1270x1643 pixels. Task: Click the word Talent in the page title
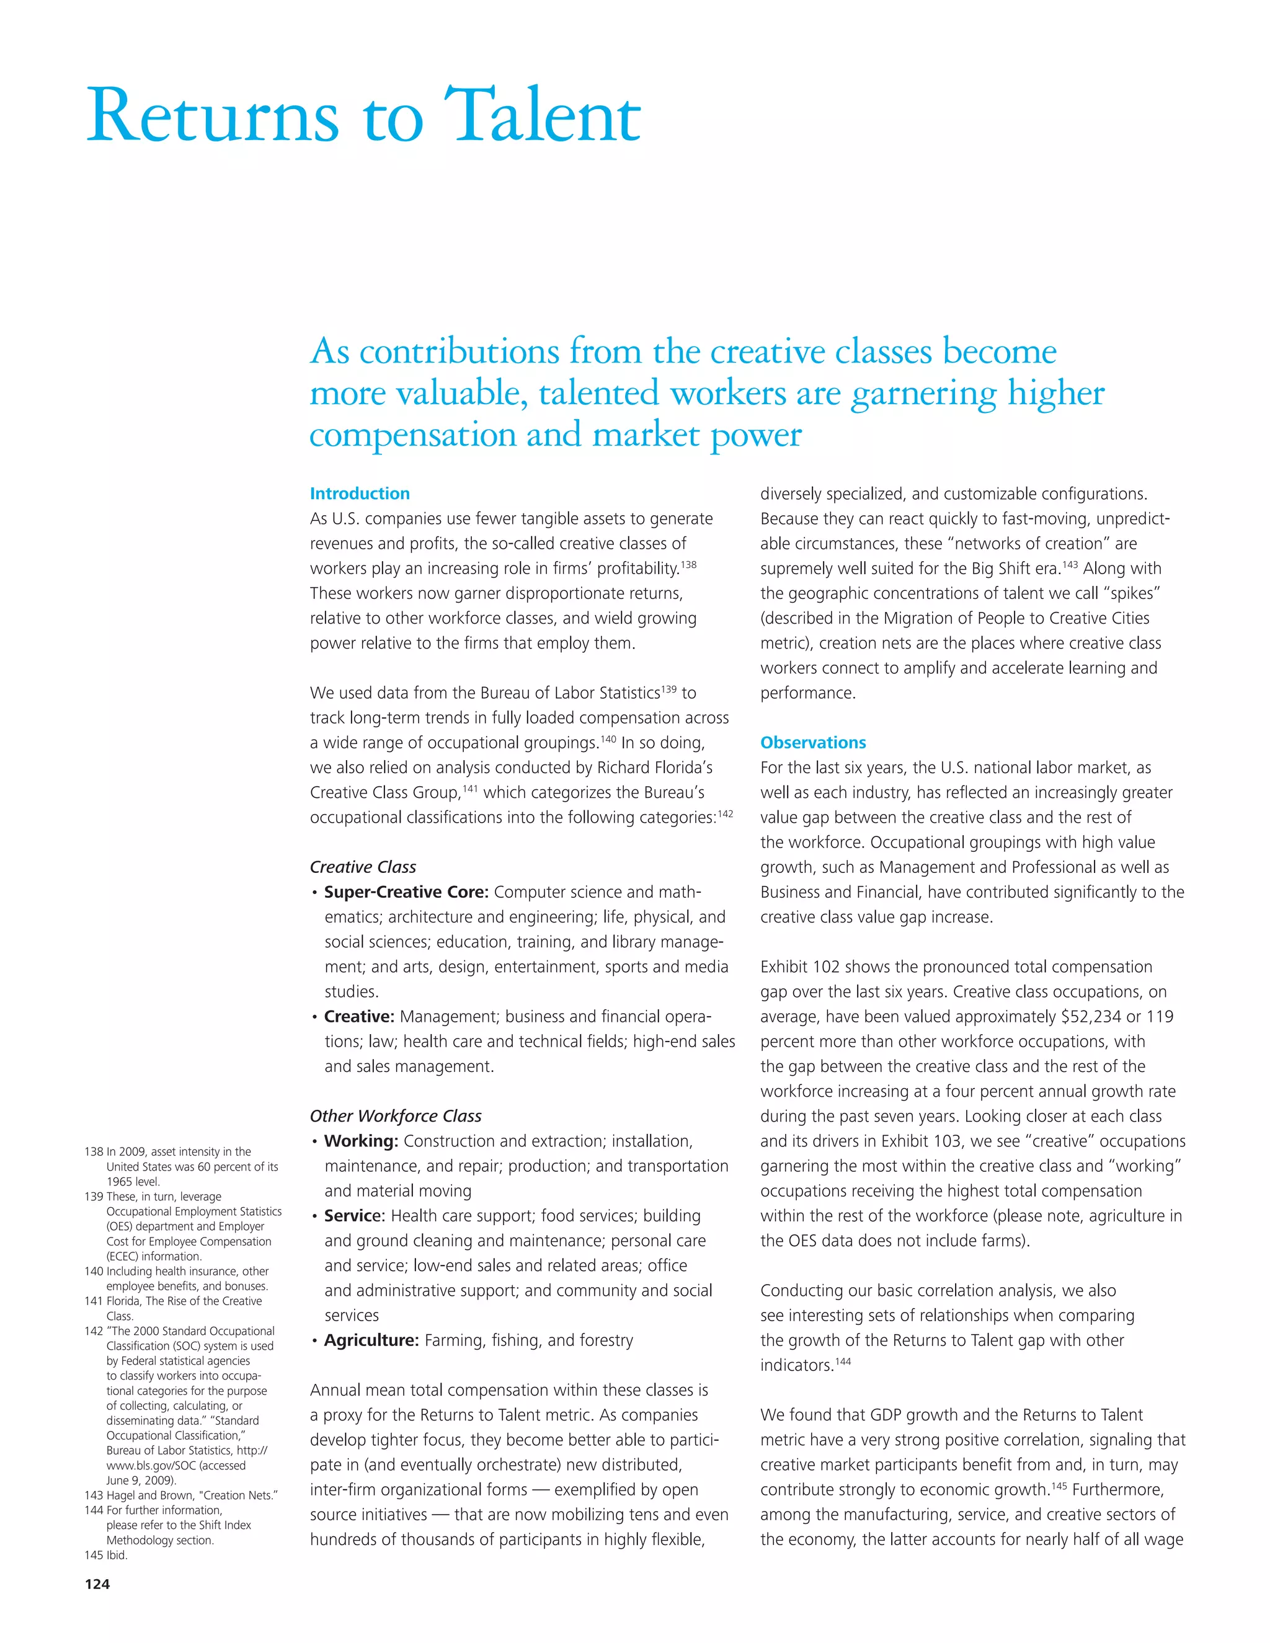[x=543, y=117]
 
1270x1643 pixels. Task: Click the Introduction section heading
[x=360, y=494]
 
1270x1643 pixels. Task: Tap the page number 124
[x=97, y=1583]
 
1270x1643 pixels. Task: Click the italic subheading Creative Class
[x=363, y=867]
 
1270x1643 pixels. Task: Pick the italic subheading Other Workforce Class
[x=395, y=1115]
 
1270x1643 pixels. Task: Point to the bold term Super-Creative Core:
[x=406, y=892]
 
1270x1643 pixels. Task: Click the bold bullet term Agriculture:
[x=371, y=1340]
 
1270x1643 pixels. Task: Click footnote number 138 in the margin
[x=93, y=1152]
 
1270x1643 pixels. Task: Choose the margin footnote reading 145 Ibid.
[x=106, y=1555]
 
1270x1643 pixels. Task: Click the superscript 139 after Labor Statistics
[x=668, y=688]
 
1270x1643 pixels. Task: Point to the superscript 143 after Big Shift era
[x=1070, y=564]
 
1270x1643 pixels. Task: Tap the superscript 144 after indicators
[x=843, y=1361]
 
